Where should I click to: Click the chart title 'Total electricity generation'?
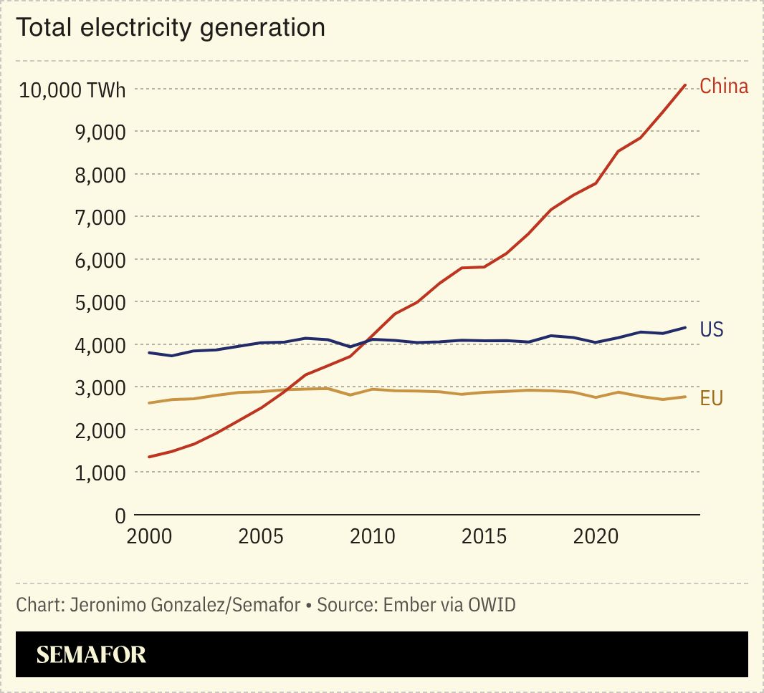pyautogui.click(x=171, y=28)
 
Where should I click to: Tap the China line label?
pyautogui.click(x=723, y=87)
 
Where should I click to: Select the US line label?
pyautogui.click(x=712, y=329)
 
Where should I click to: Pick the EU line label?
pyautogui.click(x=711, y=399)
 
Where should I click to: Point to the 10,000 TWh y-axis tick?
pyautogui.click(x=72, y=90)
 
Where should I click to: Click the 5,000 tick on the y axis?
pyautogui.click(x=100, y=303)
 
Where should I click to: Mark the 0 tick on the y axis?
pyautogui.click(x=120, y=515)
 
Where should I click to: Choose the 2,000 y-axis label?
pyautogui.click(x=100, y=430)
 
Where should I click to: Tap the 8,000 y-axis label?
pyautogui.click(x=100, y=175)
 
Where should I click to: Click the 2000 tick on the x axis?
pyautogui.click(x=148, y=537)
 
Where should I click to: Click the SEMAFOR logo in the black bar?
pyautogui.click(x=91, y=654)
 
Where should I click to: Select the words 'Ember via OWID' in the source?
pyautogui.click(x=449, y=605)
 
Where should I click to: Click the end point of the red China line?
pyautogui.click(x=686, y=84)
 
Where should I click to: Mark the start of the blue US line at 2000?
pyautogui.click(x=148, y=353)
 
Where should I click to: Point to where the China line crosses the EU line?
pyautogui.click(x=286, y=390)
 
